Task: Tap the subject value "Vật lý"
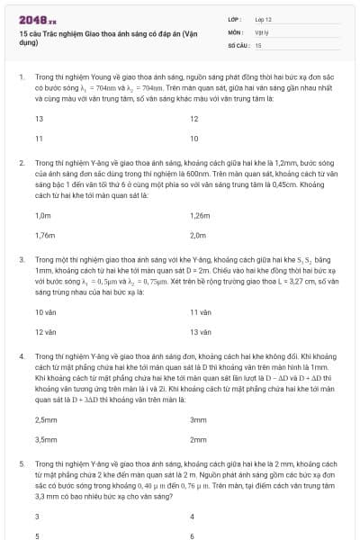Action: pos(262,31)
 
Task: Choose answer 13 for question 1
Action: pos(40,119)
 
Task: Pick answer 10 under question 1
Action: pos(194,139)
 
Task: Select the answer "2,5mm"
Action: pos(45,419)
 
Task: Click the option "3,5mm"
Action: pos(45,439)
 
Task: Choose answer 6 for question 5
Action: pos(193,535)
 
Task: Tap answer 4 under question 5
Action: pos(193,517)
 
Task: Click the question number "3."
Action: pos(22,259)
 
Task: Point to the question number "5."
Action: pos(22,462)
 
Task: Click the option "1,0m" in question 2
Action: pos(43,216)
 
